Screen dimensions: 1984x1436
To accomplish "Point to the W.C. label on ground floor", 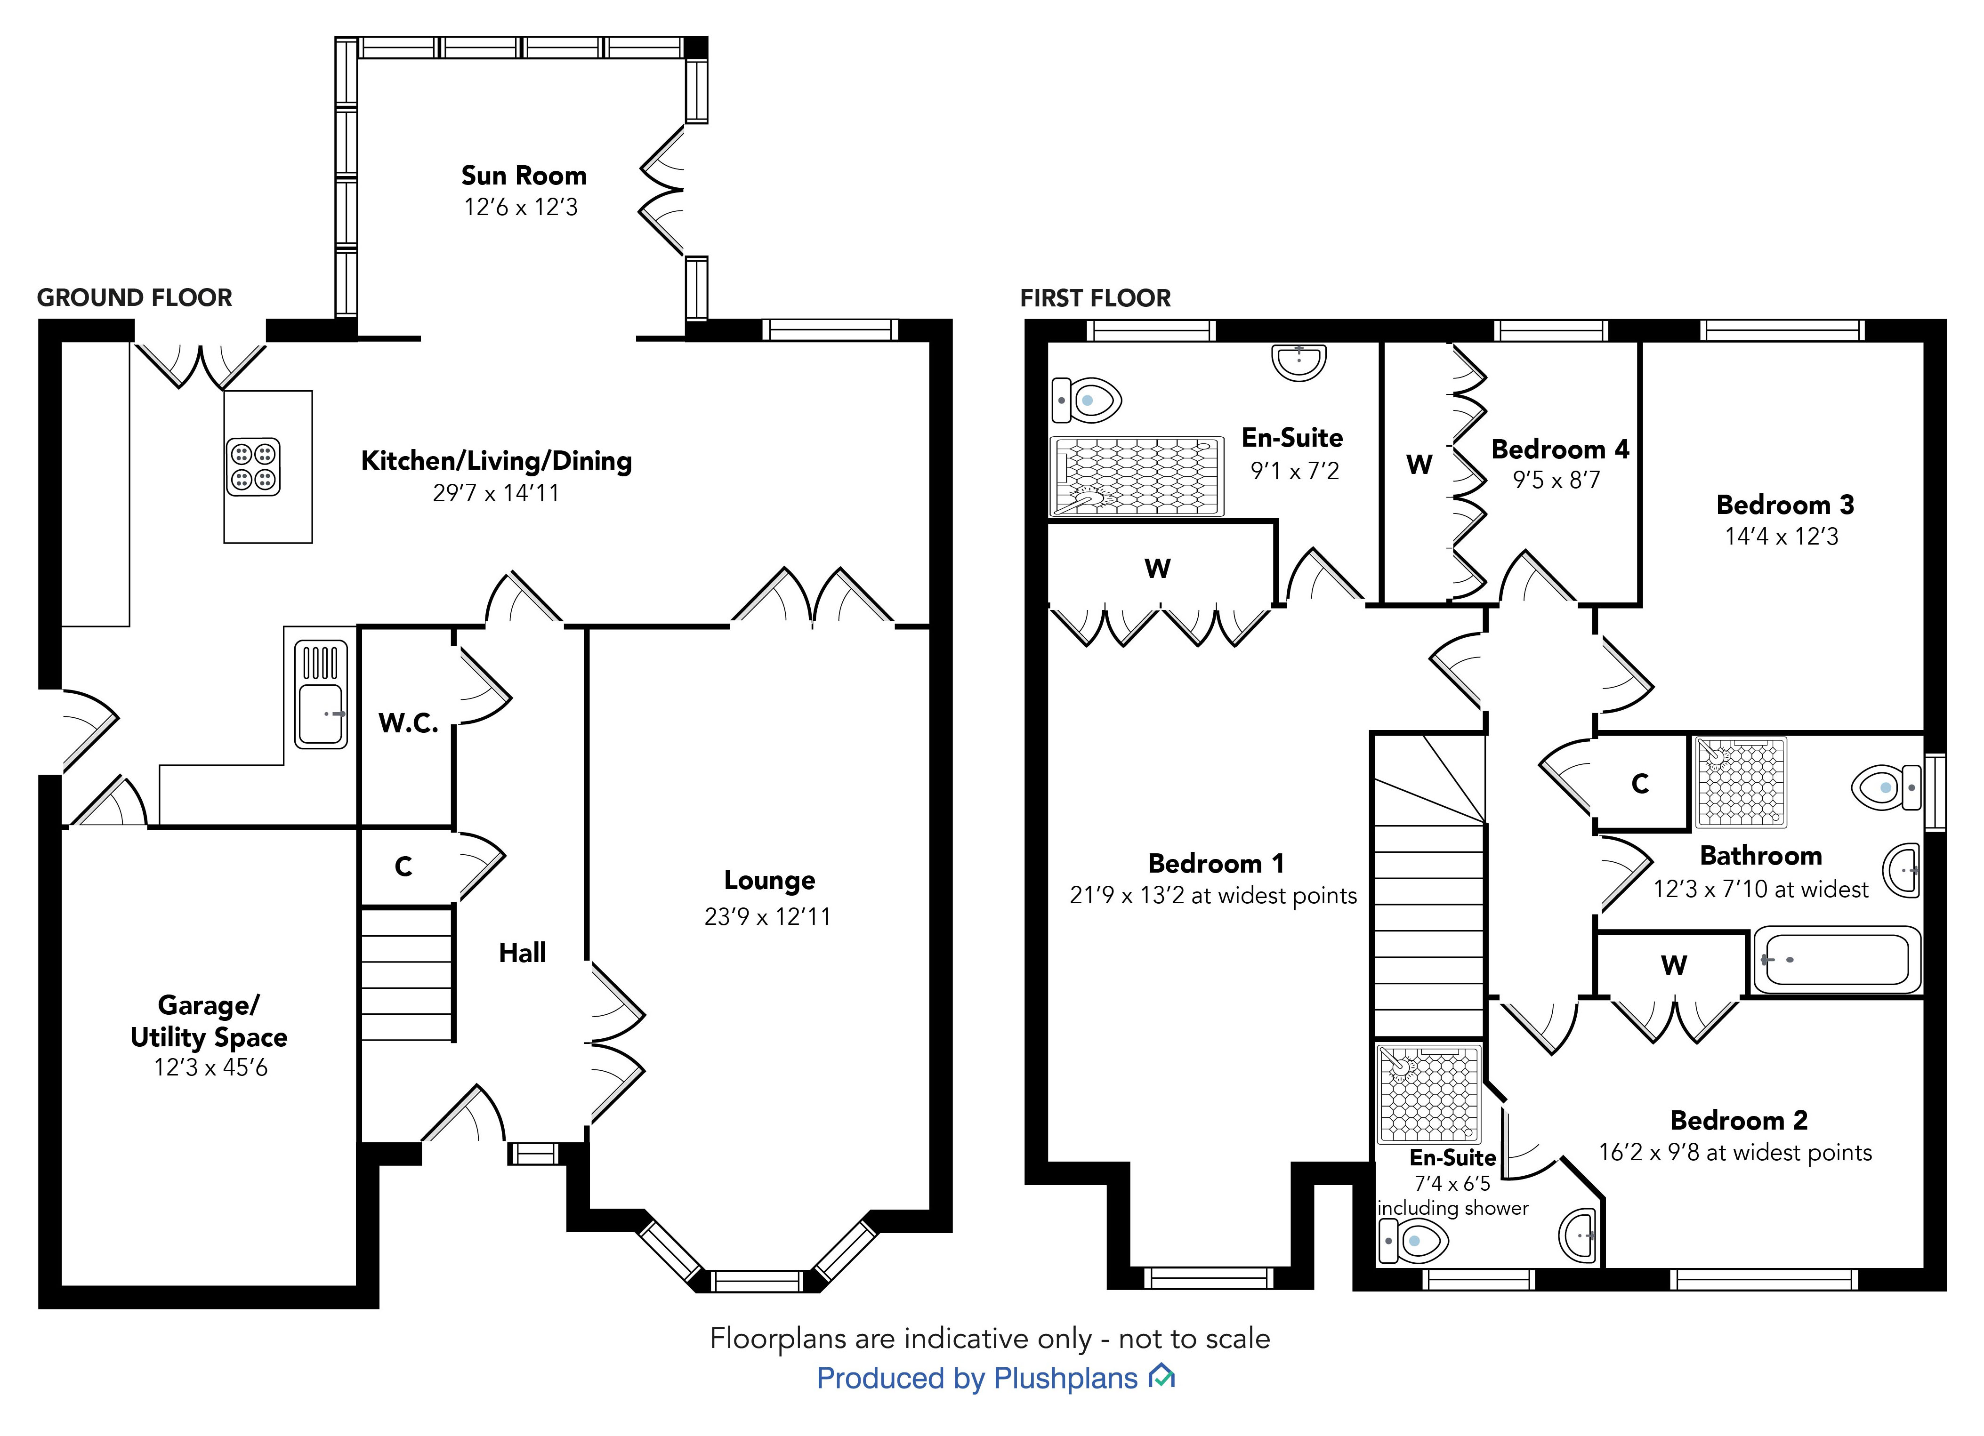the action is [x=408, y=723].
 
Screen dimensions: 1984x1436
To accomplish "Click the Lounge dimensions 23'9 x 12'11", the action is [x=767, y=916].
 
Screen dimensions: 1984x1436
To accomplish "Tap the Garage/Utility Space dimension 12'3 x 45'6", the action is [x=211, y=1068].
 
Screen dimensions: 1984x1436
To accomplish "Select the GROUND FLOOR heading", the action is [x=135, y=298].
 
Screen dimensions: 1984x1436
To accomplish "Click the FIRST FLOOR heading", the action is [x=1095, y=299].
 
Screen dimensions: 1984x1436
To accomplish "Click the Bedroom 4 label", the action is [x=1560, y=449].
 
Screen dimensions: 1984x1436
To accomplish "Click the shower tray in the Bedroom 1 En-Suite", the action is [x=1137, y=477].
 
